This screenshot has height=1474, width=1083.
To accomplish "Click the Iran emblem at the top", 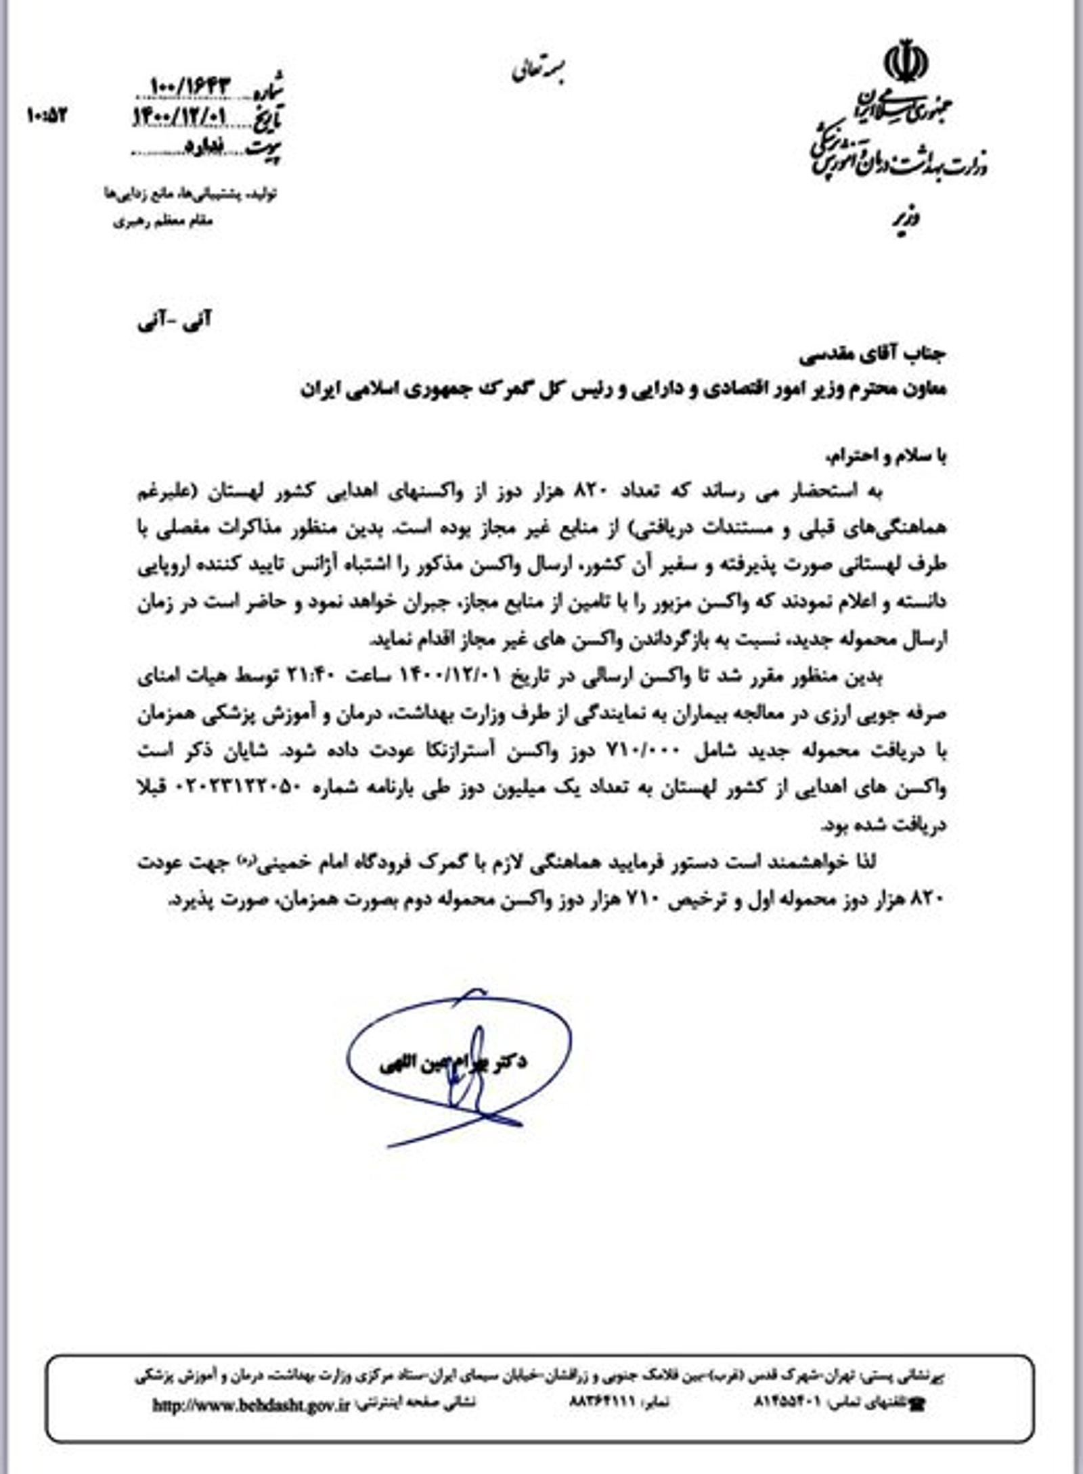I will (906, 62).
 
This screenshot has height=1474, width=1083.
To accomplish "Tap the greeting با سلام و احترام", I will (886, 457).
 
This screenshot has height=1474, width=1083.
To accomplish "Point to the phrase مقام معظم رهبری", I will (162, 221).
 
